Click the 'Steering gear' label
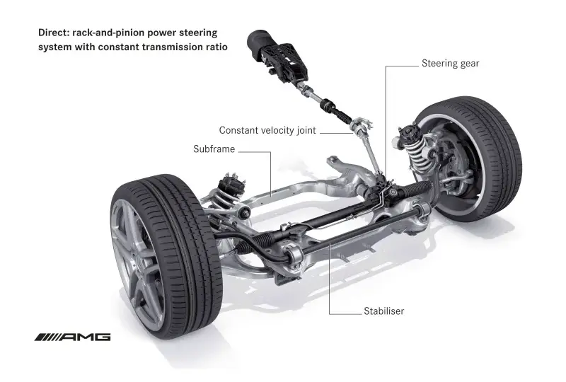(x=450, y=64)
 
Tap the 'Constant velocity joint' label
(x=267, y=130)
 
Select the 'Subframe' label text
(x=214, y=149)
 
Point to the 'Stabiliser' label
(x=383, y=311)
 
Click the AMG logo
(x=73, y=337)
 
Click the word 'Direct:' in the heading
(x=54, y=33)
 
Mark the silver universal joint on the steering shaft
(x=359, y=127)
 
